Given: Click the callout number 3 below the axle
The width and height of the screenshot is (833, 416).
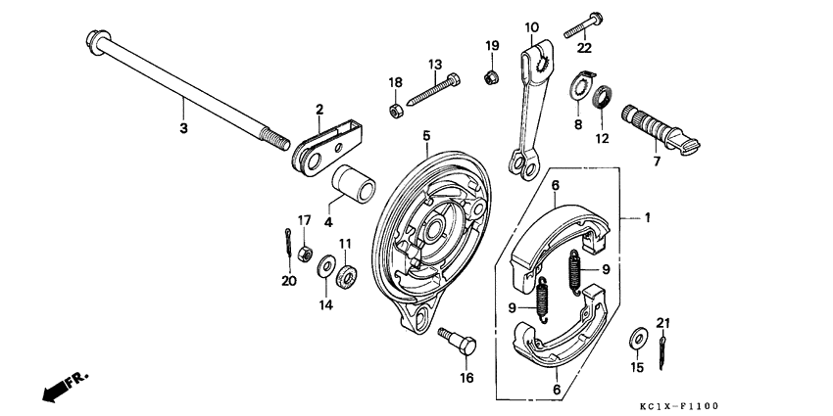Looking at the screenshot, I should pyautogui.click(x=181, y=127).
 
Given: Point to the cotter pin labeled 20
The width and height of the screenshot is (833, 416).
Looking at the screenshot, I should pyautogui.click(x=284, y=240).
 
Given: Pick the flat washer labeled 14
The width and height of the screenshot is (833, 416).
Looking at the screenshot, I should pyautogui.click(x=324, y=270).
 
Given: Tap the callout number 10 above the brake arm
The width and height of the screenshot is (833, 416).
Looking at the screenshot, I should pyautogui.click(x=532, y=27).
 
